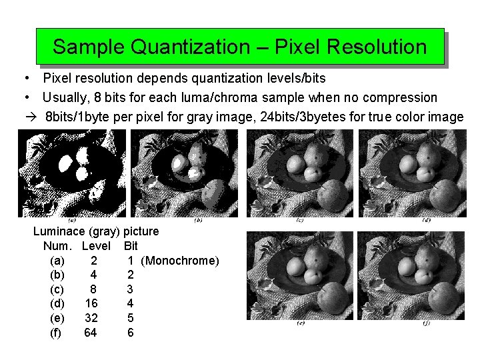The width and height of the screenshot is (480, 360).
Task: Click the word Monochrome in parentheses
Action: point(180,260)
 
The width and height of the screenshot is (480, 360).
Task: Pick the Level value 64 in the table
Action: point(91,332)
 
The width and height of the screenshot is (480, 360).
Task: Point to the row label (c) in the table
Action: point(57,289)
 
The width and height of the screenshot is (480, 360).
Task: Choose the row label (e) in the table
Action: point(57,317)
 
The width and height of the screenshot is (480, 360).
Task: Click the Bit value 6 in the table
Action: point(130,332)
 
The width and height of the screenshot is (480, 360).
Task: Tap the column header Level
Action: point(96,246)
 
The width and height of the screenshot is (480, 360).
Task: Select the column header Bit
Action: point(131,246)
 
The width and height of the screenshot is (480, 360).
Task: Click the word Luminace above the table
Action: point(62,231)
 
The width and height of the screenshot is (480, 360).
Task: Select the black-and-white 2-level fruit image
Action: point(71,173)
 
